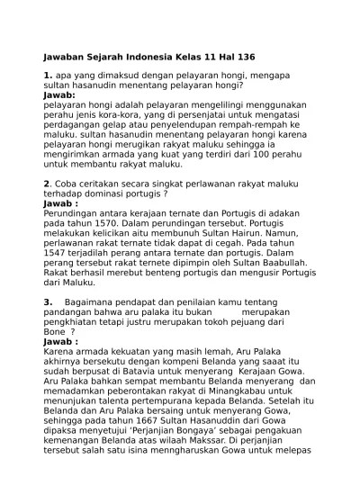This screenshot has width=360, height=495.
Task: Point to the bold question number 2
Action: click(46, 184)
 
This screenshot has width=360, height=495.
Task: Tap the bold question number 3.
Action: click(48, 301)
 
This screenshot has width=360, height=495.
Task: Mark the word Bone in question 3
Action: click(58, 331)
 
